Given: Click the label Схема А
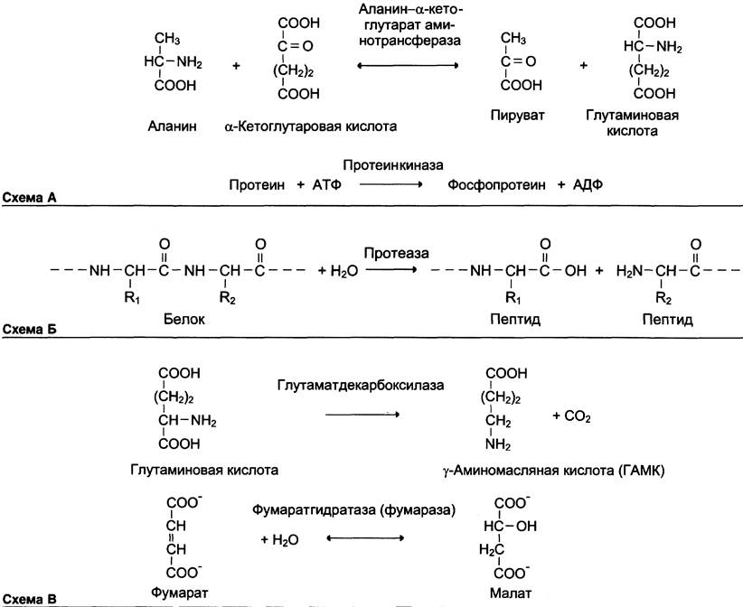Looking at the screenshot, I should click(31, 197).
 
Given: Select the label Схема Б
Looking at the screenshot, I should click(31, 331).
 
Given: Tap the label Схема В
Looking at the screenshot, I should click(31, 597).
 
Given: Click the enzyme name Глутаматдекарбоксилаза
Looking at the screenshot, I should click(361, 386).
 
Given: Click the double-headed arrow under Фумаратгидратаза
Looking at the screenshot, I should click(362, 538).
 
